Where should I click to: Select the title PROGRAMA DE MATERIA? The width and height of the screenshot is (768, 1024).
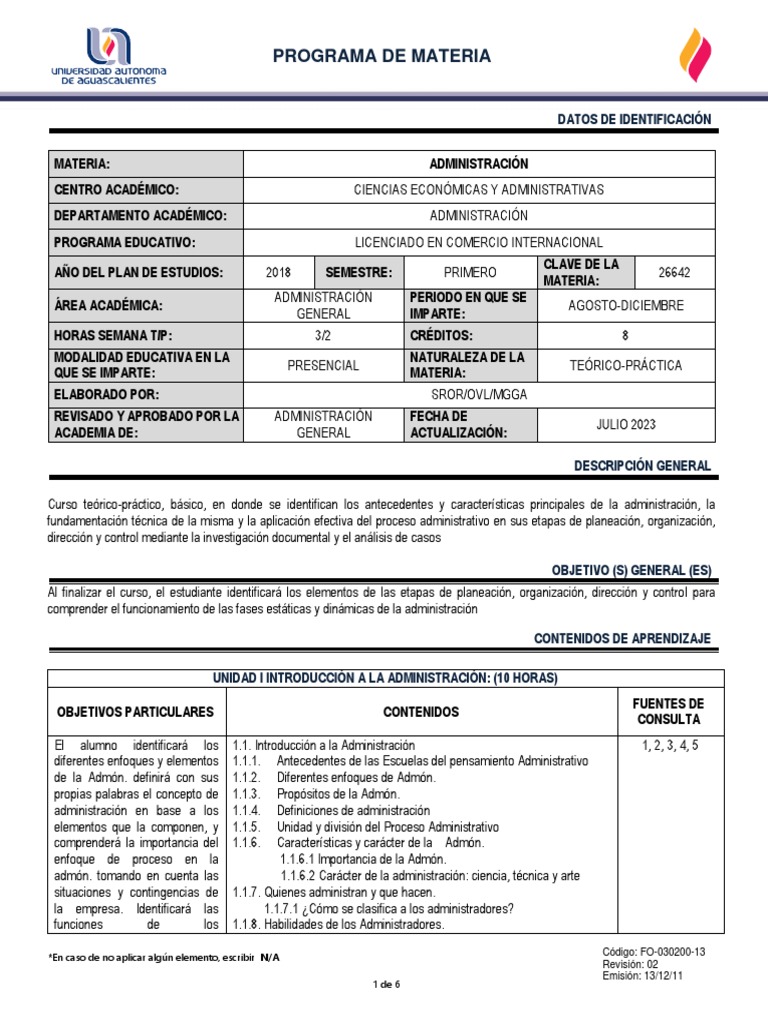coord(383,56)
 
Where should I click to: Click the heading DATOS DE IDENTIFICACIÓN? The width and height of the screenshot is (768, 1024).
coord(634,119)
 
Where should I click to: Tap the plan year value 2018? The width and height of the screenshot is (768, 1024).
coord(279,272)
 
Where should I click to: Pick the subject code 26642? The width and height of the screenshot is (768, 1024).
coord(674,272)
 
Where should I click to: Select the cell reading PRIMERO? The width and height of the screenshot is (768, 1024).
coord(469,272)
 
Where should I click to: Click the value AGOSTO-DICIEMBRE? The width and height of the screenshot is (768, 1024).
coord(627,306)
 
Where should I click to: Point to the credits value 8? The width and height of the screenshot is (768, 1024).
coord(626,336)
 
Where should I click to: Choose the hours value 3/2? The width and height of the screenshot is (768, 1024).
coord(323,336)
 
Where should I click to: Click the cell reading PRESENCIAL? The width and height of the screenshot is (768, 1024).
coord(323,365)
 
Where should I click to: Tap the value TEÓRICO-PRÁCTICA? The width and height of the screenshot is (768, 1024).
coord(627,365)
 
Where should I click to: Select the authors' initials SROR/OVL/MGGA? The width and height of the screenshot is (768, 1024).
coord(478,394)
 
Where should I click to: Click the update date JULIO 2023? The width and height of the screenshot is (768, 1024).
coord(627,424)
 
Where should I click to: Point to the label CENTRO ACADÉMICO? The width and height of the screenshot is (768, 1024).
coord(116,190)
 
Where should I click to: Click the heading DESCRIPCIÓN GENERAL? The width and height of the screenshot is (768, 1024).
coord(642,466)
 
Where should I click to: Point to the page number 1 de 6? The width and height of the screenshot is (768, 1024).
coord(386,984)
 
